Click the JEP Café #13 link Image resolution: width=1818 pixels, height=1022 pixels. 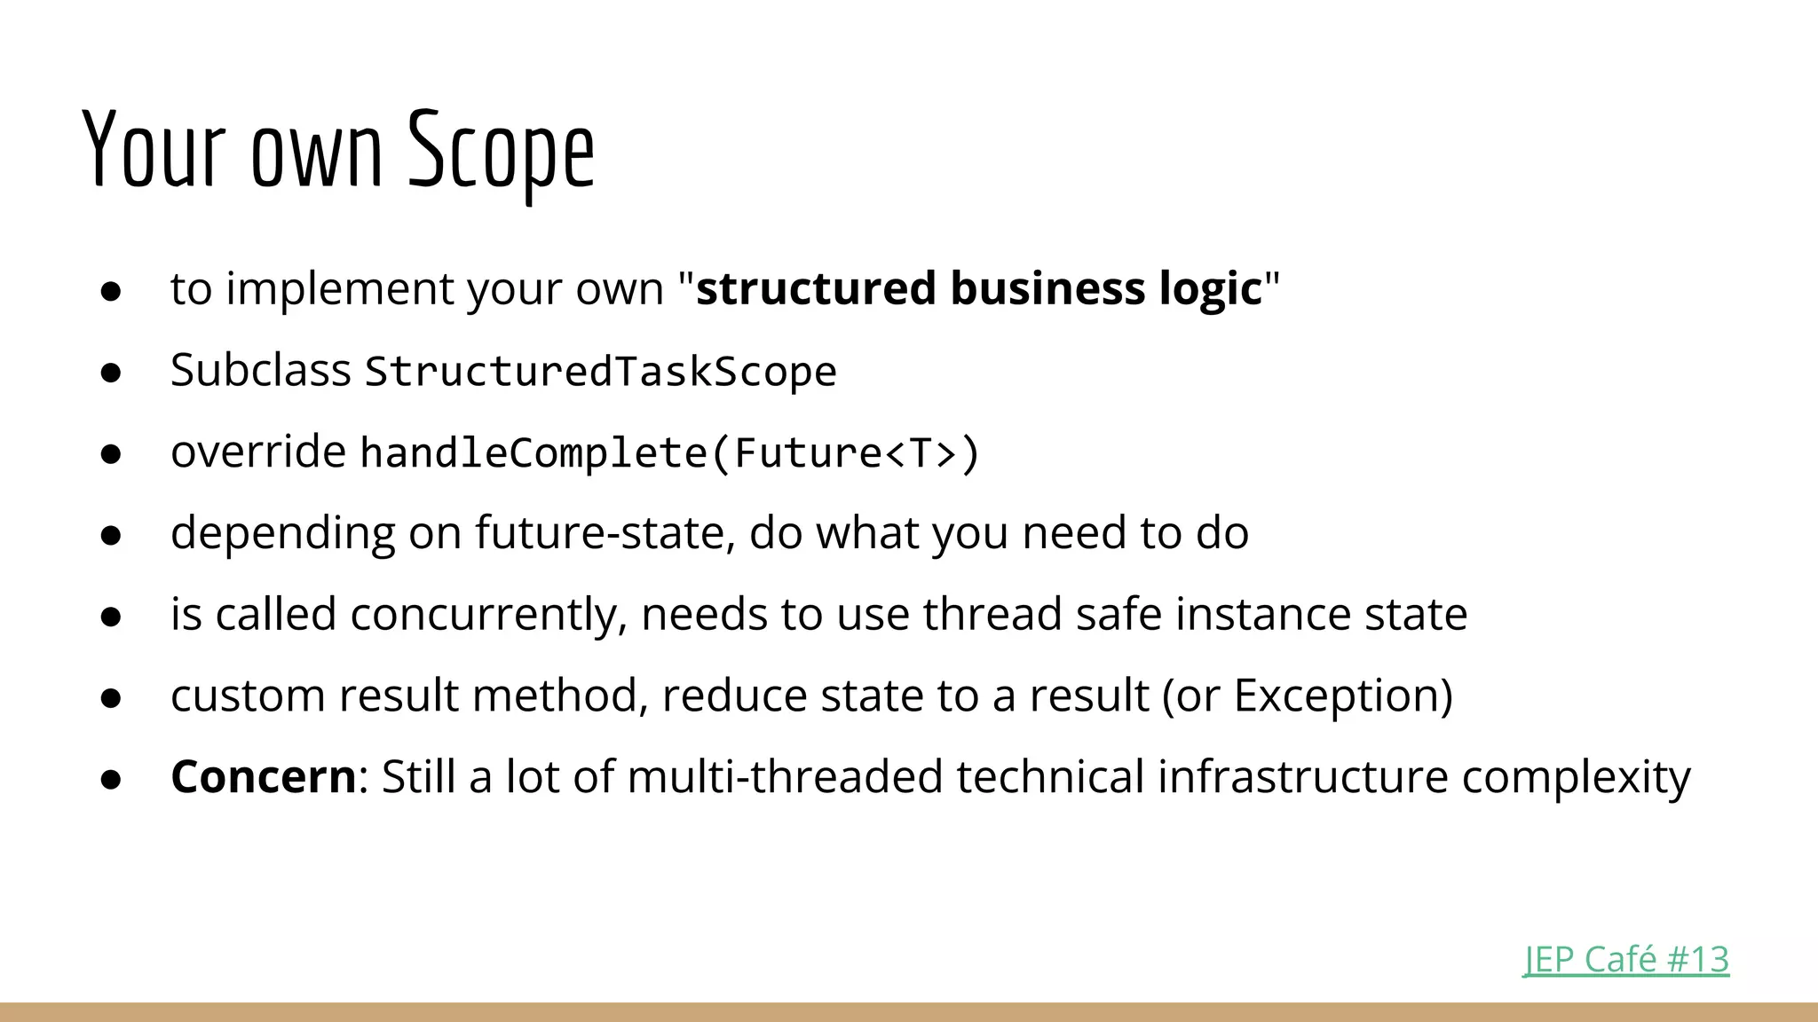click(1625, 960)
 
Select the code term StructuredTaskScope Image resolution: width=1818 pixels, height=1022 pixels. click(600, 371)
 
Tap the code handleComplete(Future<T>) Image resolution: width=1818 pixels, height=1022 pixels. click(669, 452)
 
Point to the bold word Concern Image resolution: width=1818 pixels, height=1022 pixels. click(264, 777)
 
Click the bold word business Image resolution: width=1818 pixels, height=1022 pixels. click(1047, 288)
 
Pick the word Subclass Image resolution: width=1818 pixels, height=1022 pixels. click(260, 370)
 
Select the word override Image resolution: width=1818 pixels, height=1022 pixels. click(257, 452)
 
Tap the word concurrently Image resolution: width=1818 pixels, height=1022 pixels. click(488, 614)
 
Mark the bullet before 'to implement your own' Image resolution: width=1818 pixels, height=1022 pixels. click(111, 291)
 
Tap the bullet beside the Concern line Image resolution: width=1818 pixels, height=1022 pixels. click(111, 780)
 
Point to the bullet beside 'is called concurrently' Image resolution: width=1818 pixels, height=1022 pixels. click(111, 617)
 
